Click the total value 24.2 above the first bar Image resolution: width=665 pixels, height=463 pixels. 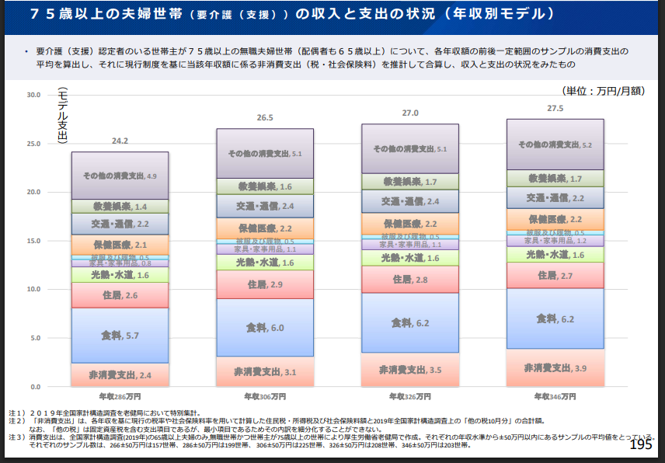pos(120,141)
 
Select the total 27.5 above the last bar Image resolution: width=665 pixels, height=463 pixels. pos(555,108)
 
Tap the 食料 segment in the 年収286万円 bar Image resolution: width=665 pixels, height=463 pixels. pos(120,336)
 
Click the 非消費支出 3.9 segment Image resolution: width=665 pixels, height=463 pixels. pos(555,367)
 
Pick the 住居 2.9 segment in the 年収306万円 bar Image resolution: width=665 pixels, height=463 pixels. pos(265,285)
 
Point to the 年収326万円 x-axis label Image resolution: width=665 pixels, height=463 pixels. pos(409,396)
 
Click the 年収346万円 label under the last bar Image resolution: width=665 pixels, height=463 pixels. pos(555,396)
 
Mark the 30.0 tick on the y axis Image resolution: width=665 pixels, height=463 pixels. pos(33,95)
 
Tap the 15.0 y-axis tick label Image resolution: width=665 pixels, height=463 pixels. pos(33,241)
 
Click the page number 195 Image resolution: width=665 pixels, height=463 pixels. pos(641,444)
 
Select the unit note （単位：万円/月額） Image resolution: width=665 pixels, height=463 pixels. pos(603,91)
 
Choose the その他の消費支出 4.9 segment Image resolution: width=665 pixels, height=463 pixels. pos(120,176)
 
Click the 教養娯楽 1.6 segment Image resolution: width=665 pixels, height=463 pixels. pos(265,186)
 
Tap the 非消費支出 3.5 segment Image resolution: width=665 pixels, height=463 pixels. pos(409,370)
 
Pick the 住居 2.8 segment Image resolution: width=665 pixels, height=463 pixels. pos(409,280)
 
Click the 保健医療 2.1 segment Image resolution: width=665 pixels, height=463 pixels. pos(120,245)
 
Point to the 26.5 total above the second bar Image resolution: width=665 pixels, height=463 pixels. pos(265,118)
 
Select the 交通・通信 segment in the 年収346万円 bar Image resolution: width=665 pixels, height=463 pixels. pos(555,198)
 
